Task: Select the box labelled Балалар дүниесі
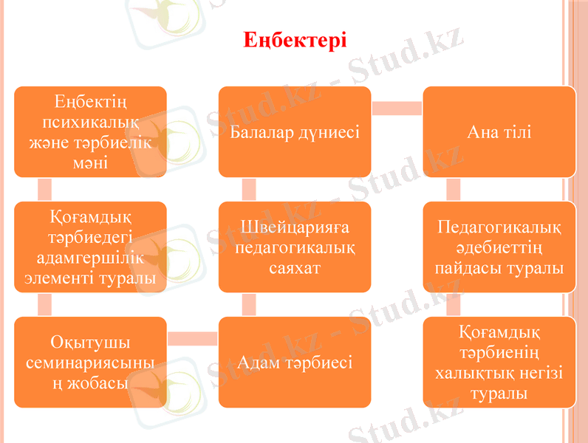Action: (294, 133)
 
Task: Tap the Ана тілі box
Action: (499, 133)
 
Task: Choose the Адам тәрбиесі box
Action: (294, 363)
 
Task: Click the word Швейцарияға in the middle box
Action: (294, 227)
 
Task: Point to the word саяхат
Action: (294, 267)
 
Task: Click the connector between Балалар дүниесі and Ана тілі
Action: (397, 109)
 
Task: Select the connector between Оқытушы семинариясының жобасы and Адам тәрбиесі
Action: (192, 338)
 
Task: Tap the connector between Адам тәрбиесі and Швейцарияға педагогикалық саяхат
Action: (249, 303)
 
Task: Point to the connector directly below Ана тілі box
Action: (454, 189)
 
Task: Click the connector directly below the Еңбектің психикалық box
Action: (45, 189)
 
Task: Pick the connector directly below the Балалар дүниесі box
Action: (249, 189)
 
